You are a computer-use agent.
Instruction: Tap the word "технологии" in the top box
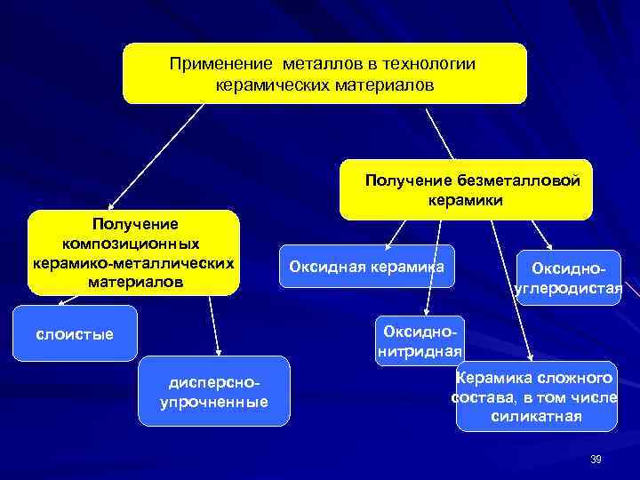430,64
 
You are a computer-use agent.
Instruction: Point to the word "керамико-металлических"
133,263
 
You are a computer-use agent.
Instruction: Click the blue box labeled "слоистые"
75,333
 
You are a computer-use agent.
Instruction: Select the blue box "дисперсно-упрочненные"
214,392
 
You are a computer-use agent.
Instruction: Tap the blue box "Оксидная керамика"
366,266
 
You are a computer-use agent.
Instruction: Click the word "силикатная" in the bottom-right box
536,416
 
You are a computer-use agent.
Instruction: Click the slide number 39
596,459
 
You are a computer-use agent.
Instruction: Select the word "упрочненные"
213,403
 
